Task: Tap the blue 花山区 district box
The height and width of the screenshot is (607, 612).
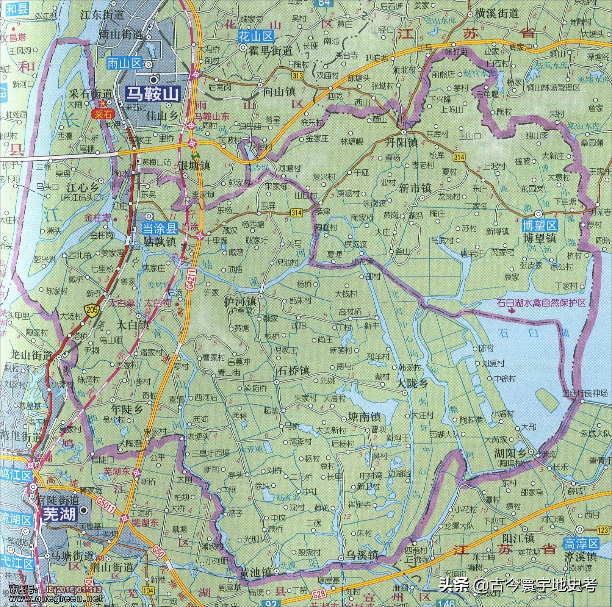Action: click(x=256, y=37)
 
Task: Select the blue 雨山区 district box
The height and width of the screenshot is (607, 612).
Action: click(x=124, y=63)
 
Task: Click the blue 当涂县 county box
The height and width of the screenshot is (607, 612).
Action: click(x=160, y=228)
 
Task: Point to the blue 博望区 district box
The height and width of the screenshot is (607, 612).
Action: click(x=540, y=225)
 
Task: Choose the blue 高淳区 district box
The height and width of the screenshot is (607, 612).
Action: click(x=581, y=544)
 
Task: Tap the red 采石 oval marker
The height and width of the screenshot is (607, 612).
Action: click(x=103, y=114)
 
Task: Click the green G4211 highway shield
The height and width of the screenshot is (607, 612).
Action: click(x=191, y=280)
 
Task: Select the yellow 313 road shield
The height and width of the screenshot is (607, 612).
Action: click(x=297, y=76)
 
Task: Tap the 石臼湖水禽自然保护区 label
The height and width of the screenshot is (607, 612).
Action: click(x=541, y=302)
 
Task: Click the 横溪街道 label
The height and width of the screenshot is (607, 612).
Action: click(x=497, y=14)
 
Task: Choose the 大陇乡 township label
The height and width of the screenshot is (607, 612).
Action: click(x=412, y=383)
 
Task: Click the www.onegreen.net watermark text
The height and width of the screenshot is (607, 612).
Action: click(x=56, y=598)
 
